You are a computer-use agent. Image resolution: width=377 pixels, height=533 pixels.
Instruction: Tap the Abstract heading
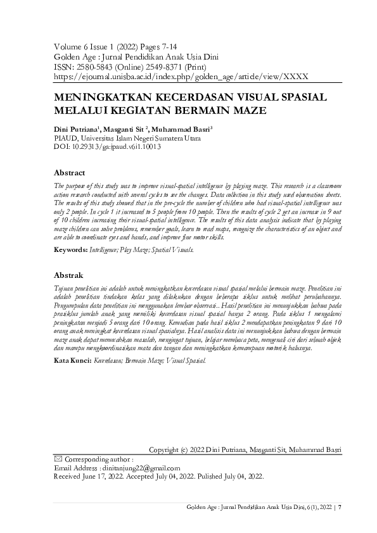(70, 173)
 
